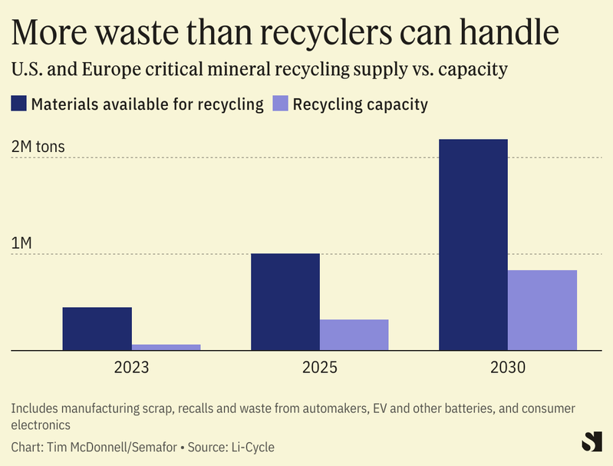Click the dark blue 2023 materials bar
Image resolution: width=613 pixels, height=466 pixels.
point(97,329)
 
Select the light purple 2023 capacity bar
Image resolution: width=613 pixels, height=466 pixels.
point(166,347)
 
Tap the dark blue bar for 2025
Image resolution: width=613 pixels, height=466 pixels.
point(285,302)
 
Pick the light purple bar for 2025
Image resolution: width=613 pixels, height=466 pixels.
point(354,335)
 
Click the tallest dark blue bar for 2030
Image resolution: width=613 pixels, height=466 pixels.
point(473,244)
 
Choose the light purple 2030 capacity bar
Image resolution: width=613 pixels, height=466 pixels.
point(542,310)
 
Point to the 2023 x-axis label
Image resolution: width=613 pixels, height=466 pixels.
point(131,368)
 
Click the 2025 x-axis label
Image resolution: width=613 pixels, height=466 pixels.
point(320,368)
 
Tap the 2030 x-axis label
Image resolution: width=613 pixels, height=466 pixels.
point(507,368)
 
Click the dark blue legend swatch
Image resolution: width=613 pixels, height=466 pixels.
point(18,104)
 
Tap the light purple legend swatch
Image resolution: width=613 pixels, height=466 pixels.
point(280,104)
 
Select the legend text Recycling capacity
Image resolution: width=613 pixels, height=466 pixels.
point(361,104)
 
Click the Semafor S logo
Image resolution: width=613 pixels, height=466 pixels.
point(591,441)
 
